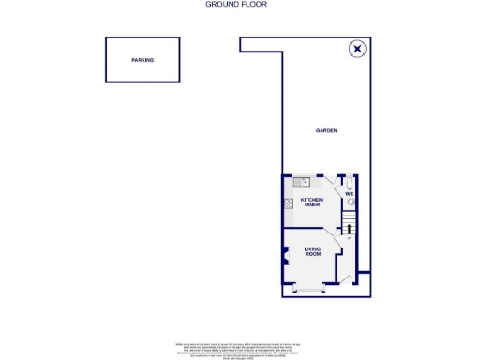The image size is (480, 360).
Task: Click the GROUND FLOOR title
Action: click(236, 5)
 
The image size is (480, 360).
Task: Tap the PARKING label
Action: click(142, 60)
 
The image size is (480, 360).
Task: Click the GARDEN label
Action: click(325, 131)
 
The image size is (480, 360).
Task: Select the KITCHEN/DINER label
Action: click(312, 202)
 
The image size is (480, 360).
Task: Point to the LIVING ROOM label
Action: click(312, 250)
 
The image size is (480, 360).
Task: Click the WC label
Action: click(348, 194)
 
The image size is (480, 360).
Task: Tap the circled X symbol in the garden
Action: click(357, 49)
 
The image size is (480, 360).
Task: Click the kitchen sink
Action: click(301, 181)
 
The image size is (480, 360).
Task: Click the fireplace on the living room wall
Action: click(286, 254)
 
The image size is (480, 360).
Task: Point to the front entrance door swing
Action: click(344, 275)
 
